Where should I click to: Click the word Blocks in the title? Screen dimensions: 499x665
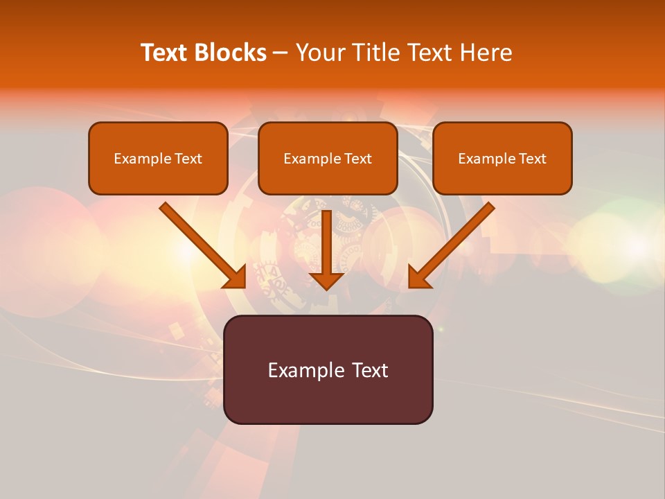231,53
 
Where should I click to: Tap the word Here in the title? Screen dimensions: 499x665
486,53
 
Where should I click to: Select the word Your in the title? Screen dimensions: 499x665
318,53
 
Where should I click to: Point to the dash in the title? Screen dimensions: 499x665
281,53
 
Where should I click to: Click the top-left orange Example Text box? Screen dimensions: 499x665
158,159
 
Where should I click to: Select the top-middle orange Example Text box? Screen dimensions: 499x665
328,159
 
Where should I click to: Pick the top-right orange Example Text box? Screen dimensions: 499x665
502,159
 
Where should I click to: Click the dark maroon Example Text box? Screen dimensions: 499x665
328,369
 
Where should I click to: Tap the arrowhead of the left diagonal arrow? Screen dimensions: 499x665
235,277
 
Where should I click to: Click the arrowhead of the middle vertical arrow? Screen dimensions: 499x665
327,280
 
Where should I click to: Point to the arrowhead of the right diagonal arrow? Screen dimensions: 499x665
420,277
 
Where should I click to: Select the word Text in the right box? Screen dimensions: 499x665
532,159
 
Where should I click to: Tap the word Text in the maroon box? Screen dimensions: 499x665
370,370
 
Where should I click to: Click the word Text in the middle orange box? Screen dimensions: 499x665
357,159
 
